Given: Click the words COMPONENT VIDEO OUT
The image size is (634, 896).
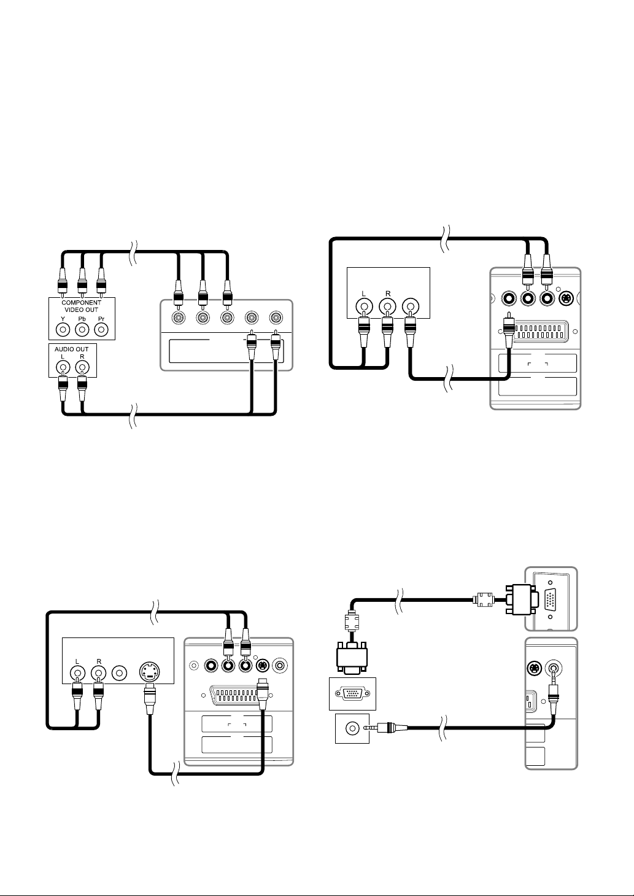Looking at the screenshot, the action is point(82,306).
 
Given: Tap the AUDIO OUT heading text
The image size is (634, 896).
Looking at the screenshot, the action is point(72,349).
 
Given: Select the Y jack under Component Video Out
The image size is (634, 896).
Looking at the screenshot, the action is point(63,330).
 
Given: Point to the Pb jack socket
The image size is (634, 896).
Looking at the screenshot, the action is point(82,330).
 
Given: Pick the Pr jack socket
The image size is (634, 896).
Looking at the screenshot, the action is point(101,330).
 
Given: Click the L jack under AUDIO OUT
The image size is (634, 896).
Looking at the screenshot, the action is point(63,367).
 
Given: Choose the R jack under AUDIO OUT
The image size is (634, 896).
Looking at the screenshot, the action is point(82,367).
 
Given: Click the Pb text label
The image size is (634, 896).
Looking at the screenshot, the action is point(82,319).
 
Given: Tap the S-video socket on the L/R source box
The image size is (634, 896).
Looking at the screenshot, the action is point(150,673).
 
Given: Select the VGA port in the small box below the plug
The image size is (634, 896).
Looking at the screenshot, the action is point(352,693).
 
